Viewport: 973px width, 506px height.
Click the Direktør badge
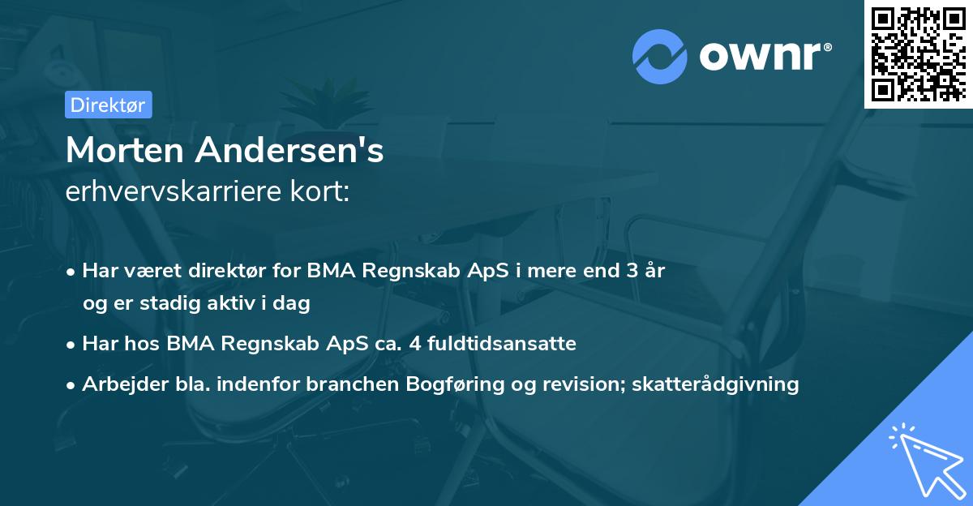108,105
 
